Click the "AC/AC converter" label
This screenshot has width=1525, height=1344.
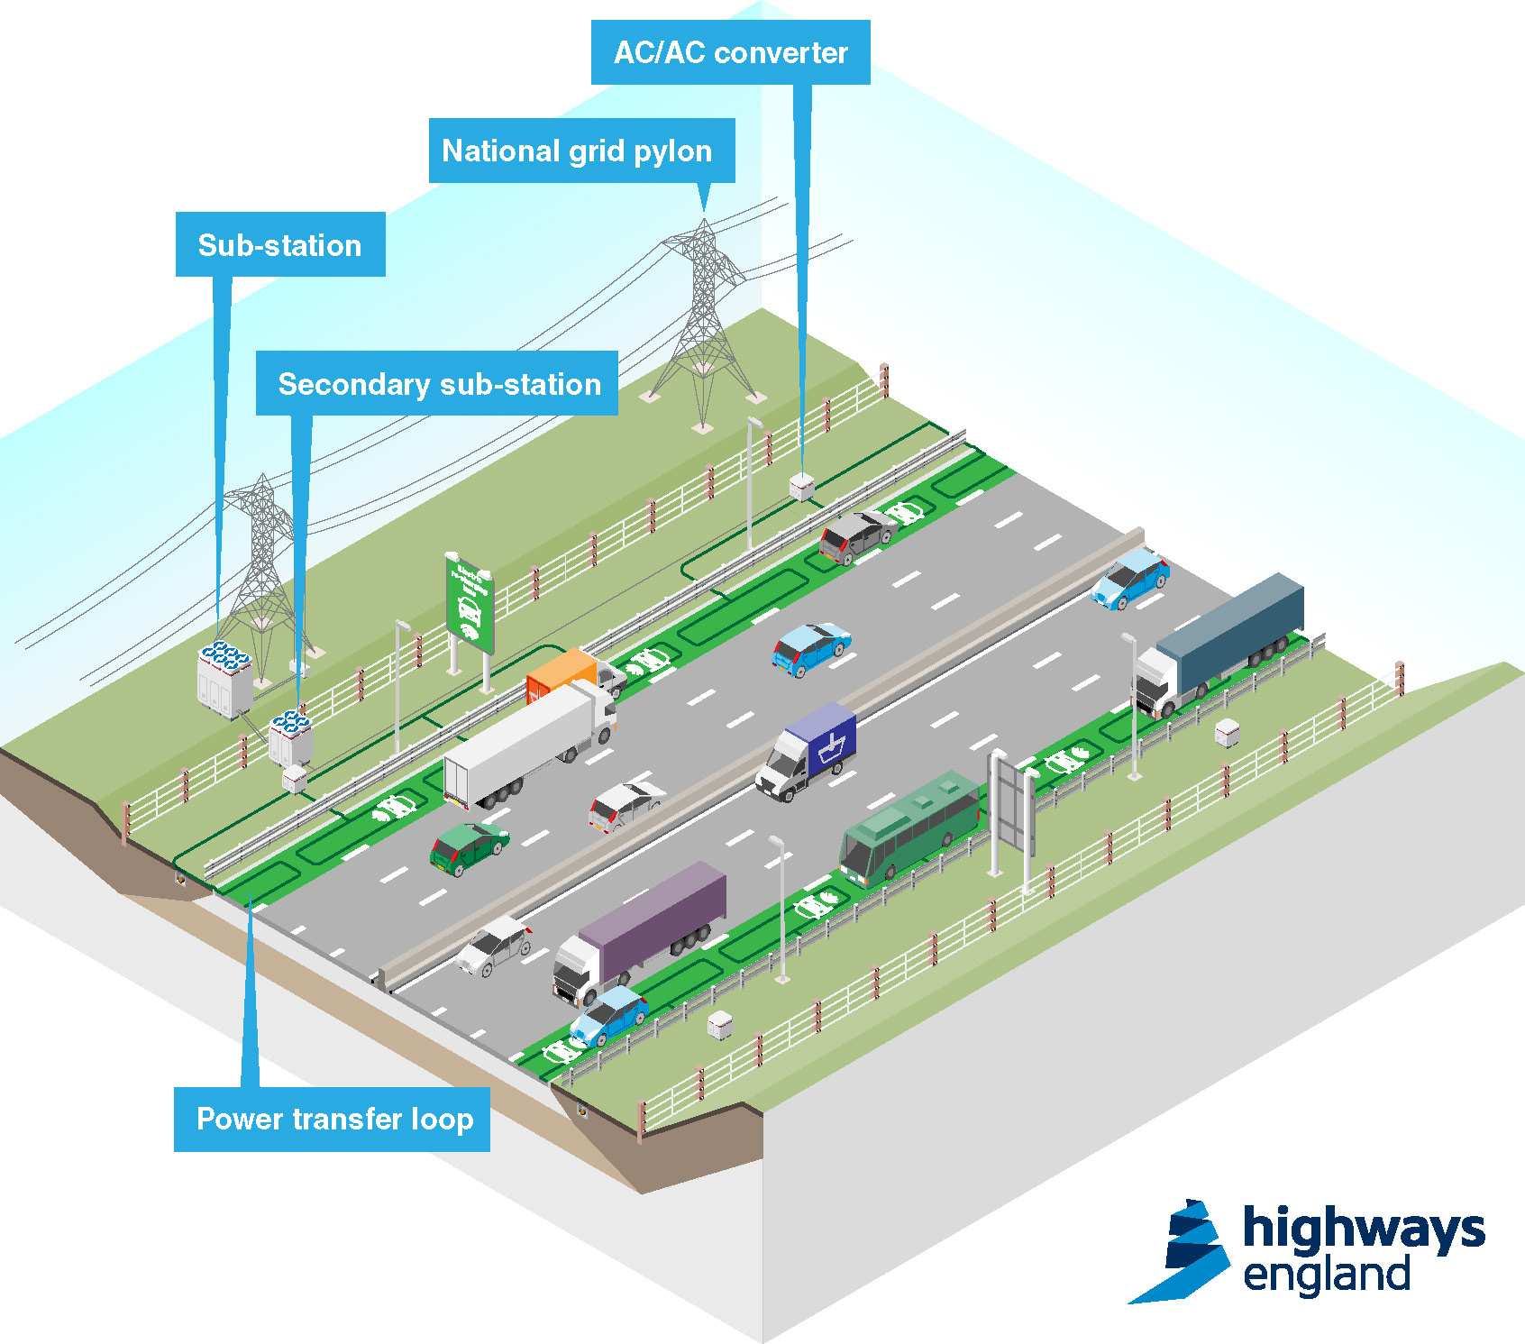[x=730, y=52]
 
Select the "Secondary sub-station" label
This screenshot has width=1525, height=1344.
[x=437, y=384]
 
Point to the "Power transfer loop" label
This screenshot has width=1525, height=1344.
[x=333, y=1119]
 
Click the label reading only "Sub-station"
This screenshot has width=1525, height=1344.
[x=280, y=245]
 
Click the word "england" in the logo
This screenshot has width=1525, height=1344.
[x=1326, y=1275]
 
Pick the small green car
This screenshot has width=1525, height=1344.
[x=468, y=847]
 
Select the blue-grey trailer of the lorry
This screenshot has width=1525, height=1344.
[x=1230, y=623]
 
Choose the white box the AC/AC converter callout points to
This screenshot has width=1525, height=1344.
[x=801, y=487]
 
